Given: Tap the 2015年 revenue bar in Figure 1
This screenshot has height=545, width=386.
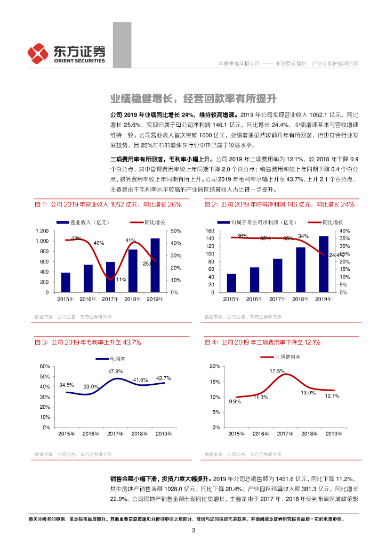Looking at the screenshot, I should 66,283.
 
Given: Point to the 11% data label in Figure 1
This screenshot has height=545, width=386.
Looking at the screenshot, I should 120,279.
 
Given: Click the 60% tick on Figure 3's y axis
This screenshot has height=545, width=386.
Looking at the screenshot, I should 45,366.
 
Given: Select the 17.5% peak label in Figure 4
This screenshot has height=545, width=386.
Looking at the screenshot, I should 277,371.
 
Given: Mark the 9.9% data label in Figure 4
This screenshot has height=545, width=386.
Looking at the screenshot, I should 236,401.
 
